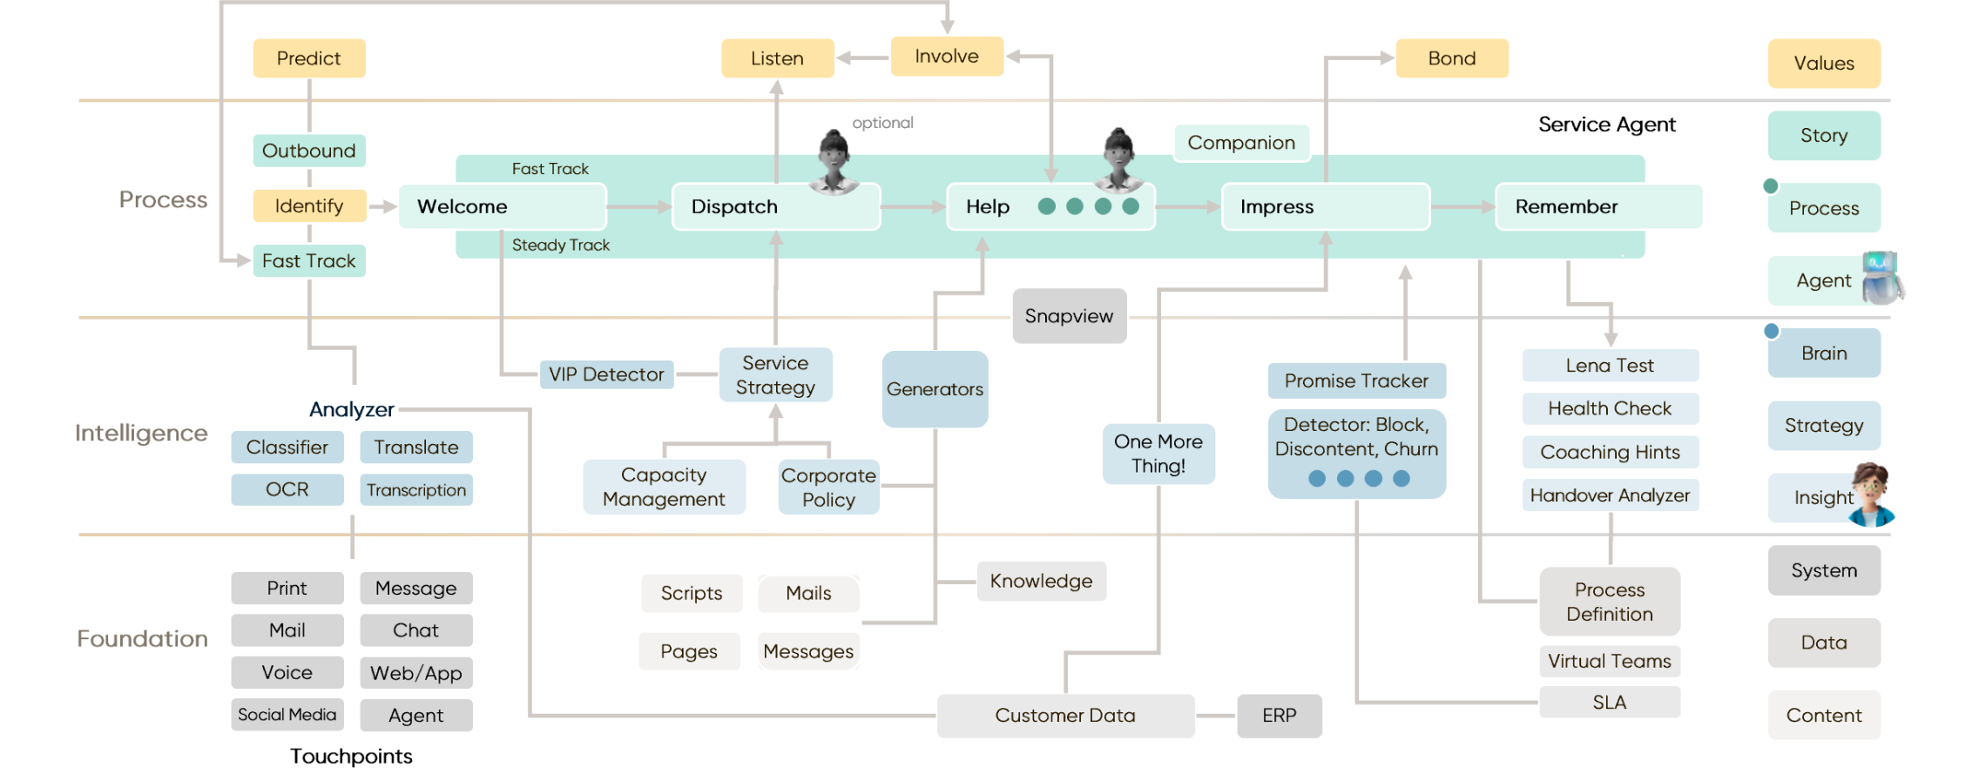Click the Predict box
point(308,58)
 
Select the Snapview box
point(1069,316)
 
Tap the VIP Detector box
point(606,374)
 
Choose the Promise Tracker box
point(1356,380)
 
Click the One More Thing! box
point(1158,454)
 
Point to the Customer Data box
point(1064,716)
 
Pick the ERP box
point(1279,716)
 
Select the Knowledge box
point(1041,582)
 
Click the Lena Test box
point(1610,366)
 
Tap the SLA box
point(1609,703)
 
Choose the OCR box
point(287,489)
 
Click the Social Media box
point(287,715)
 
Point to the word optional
point(882,123)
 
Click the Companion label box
point(1241,143)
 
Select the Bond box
point(1452,58)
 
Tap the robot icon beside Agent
point(1881,277)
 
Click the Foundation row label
point(142,639)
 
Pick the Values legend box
point(1824,64)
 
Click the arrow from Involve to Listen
point(862,58)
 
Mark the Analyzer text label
point(351,409)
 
